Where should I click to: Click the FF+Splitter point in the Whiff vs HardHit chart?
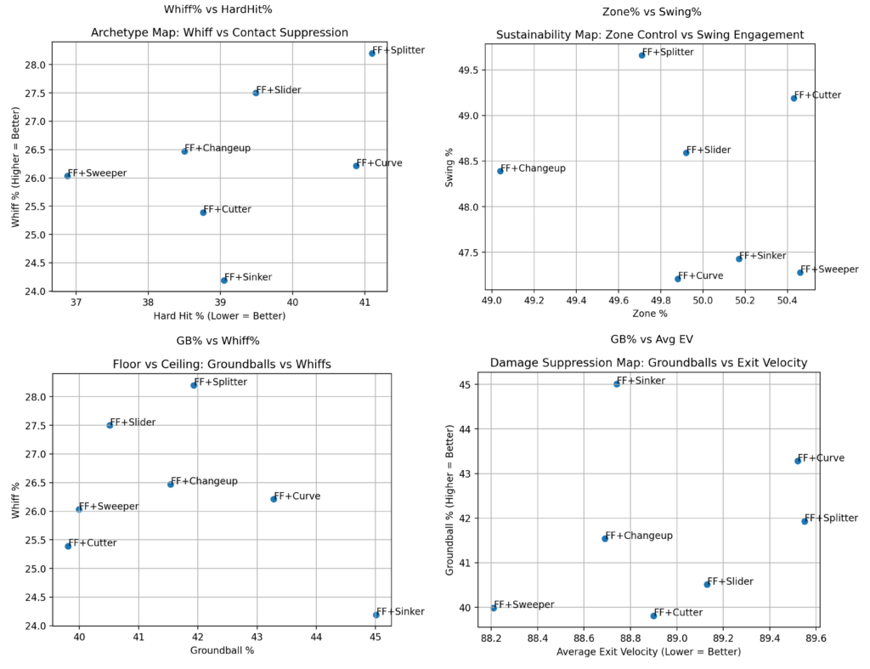coord(372,54)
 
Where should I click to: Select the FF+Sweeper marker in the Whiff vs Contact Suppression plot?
coord(67,176)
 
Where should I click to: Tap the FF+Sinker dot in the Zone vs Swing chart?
coord(739,258)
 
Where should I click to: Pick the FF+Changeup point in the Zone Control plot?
coord(500,171)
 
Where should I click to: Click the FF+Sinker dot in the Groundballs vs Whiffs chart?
coord(376,615)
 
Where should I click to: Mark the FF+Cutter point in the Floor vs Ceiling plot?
coord(68,546)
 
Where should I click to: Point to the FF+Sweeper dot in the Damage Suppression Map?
coord(494,608)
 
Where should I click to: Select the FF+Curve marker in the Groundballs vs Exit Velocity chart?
coord(798,461)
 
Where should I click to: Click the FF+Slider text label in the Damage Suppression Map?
coord(731,581)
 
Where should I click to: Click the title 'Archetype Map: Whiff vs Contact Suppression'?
coord(219,32)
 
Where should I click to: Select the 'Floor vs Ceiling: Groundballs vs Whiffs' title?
coord(222,364)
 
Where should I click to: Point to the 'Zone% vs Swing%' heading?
coord(650,12)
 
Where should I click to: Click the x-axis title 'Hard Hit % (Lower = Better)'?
coord(220,316)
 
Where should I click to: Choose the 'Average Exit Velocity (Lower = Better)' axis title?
coord(648,652)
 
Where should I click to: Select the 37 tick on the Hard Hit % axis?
coord(76,302)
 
